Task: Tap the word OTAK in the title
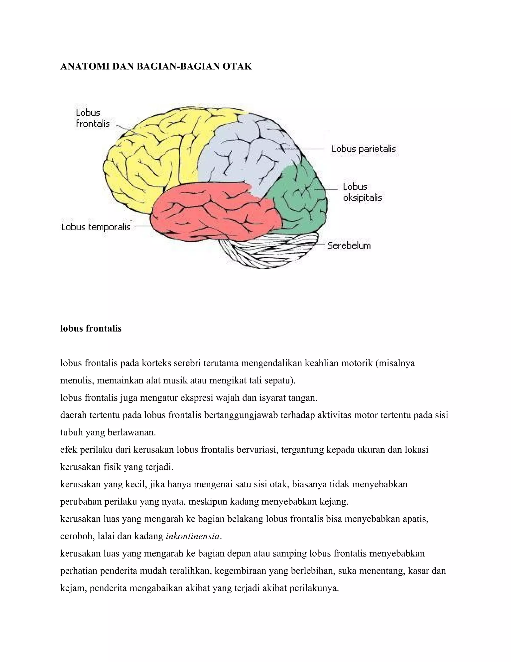(237, 66)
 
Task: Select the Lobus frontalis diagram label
(93, 118)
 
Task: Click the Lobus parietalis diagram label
(364, 149)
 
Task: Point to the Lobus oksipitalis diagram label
(362, 192)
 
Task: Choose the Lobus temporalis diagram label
(96, 227)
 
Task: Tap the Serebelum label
(349, 245)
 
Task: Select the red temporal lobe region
(212, 212)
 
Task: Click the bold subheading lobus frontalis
(91, 328)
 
